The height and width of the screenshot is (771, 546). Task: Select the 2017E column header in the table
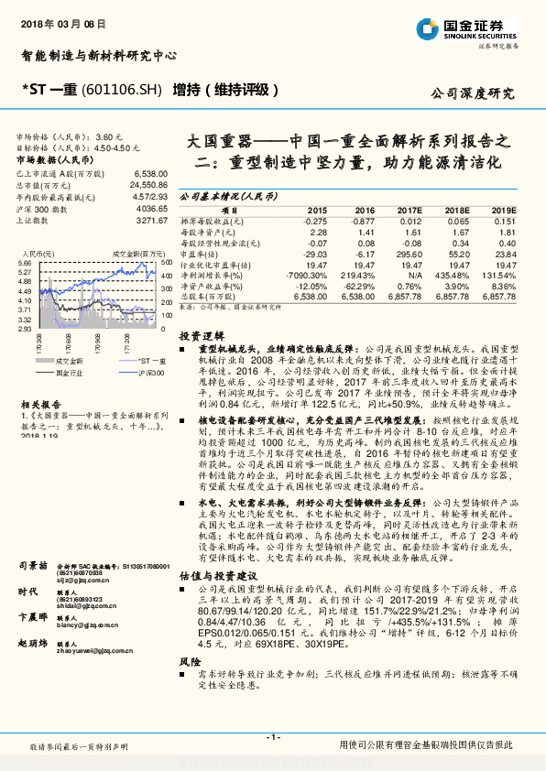[409, 210]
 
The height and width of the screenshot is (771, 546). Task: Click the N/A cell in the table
[415, 274]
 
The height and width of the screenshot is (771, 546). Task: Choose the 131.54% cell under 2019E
[502, 274]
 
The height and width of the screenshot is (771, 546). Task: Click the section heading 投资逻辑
[197, 336]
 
